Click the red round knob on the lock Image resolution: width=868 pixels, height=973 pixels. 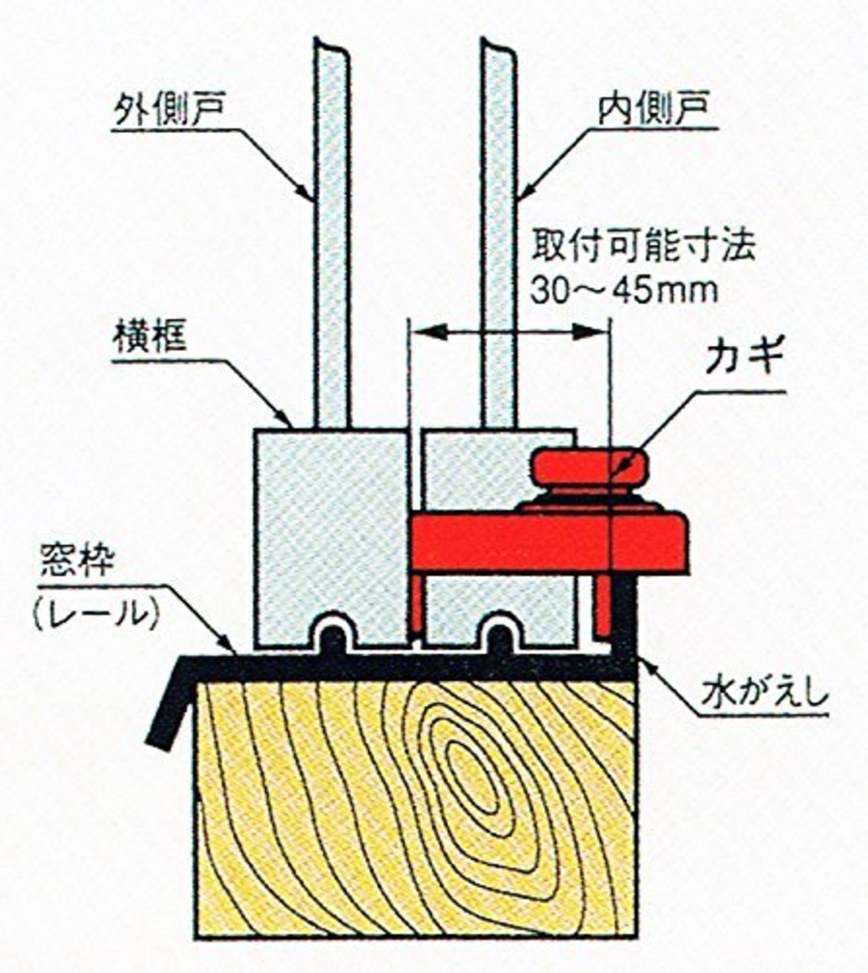point(590,467)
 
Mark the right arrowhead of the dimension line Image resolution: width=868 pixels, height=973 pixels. point(589,332)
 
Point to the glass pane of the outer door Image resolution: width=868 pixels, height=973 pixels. point(332,235)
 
